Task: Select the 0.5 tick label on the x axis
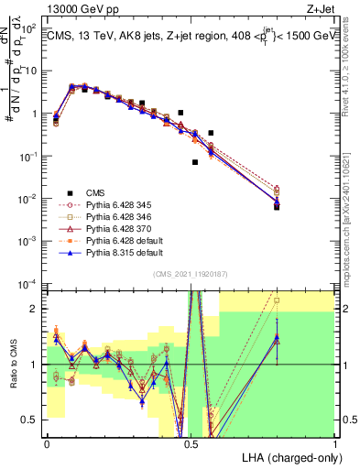tap(191, 442)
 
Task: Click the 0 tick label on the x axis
tap(47, 442)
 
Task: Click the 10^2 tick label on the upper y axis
tap(29, 28)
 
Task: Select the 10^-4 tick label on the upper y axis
tap(29, 283)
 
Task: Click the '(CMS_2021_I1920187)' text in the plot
tap(191, 274)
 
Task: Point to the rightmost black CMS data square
tap(277, 207)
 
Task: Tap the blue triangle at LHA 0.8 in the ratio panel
tap(277, 337)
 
